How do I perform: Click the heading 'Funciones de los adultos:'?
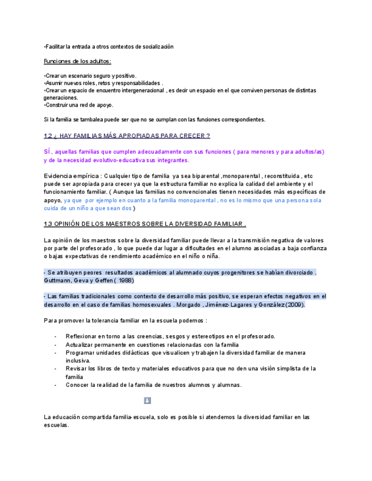[77, 61]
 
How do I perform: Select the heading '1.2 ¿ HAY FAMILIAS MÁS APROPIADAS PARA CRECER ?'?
[127, 136]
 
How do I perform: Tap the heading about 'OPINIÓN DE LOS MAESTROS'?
[145, 224]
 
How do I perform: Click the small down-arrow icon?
[147, 400]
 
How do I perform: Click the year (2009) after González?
[295, 305]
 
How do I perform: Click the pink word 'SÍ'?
[48, 151]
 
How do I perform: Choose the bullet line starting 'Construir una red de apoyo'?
[79, 105]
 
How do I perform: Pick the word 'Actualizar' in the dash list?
[80, 344]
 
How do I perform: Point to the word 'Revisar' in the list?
[77, 368]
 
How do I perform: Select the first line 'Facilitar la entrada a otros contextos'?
[108, 47]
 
